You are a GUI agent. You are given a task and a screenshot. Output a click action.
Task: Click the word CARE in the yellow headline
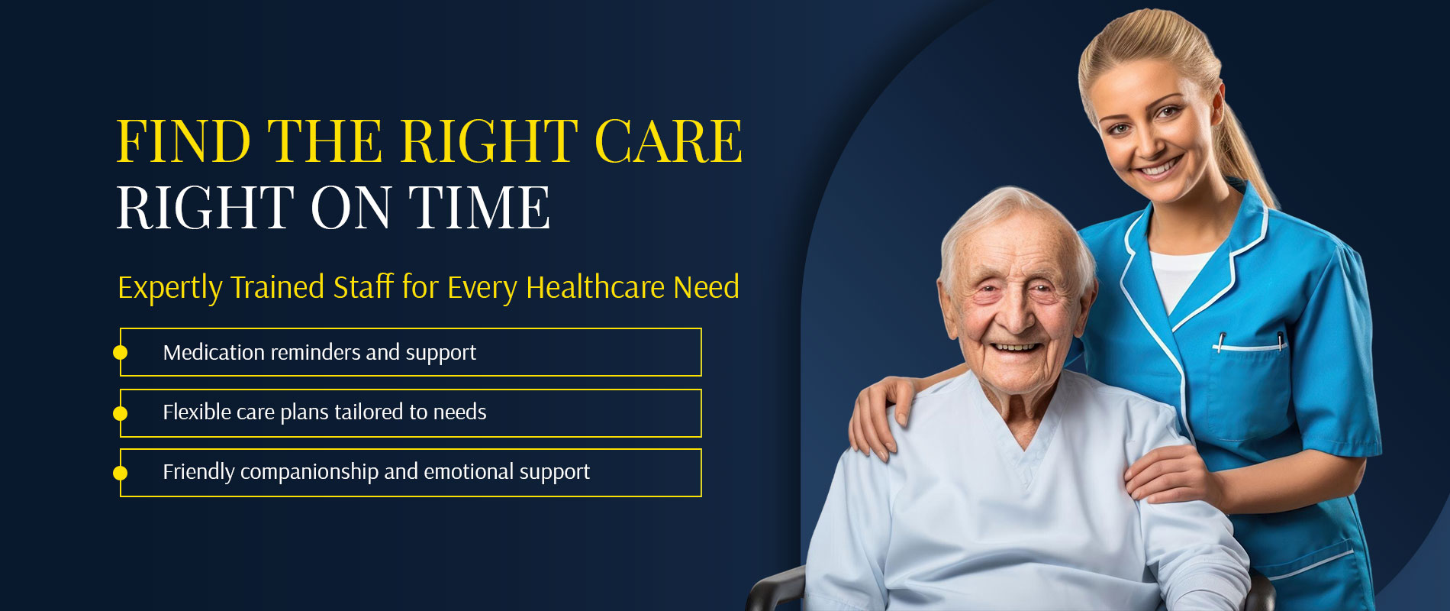tap(669, 141)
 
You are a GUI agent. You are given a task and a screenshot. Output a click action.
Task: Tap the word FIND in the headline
tap(183, 141)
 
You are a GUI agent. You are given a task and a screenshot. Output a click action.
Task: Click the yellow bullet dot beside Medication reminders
tap(120, 352)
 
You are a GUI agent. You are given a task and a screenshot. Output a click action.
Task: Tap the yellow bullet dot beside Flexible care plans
tap(120, 413)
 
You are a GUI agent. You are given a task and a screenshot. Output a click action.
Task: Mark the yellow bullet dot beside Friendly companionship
tap(120, 473)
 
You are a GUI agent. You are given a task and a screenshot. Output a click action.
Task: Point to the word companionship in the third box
tap(309, 472)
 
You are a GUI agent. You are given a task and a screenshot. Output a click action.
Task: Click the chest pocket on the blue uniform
tap(1249, 390)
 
